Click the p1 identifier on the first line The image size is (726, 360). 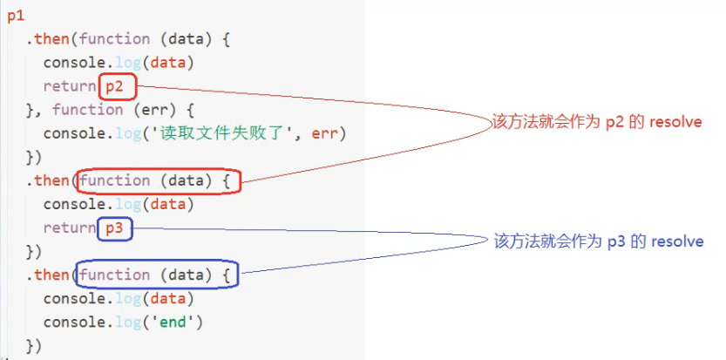(15, 16)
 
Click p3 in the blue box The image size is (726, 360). (114, 228)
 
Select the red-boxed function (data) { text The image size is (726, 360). (157, 181)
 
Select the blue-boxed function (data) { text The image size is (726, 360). (157, 275)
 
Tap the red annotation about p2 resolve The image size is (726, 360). (596, 123)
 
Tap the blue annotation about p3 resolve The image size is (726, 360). (597, 241)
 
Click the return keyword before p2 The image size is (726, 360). (69, 86)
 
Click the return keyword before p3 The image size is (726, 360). (69, 228)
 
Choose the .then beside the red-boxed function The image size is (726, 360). (51, 181)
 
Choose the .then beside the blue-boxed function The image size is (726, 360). (51, 275)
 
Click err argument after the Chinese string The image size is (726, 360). (327, 133)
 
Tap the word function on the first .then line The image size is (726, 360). (114, 39)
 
